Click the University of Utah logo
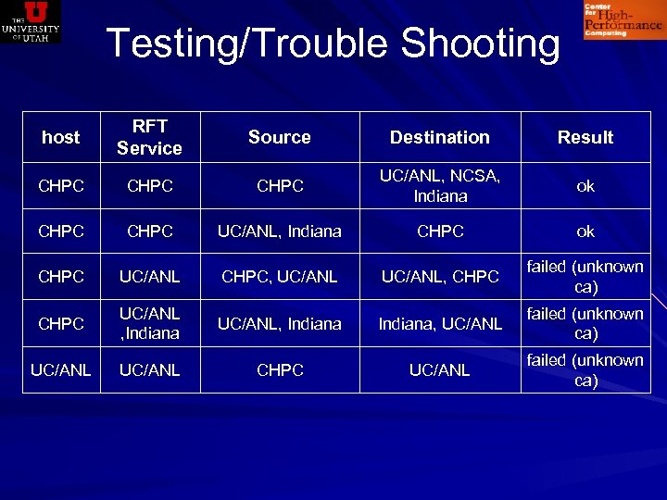pos(31,21)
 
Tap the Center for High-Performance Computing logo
pos(623,19)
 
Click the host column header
pos(61,137)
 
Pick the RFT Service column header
pos(149,137)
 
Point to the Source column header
pos(279,137)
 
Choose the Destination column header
pos(439,137)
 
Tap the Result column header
pos(585,137)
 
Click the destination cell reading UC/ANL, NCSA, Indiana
pos(439,185)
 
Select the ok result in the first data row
pos(585,186)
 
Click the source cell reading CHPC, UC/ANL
pos(280,276)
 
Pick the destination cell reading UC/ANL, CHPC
pos(439,276)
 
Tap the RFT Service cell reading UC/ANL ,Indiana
pos(149,323)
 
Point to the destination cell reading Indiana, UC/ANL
pos(439,323)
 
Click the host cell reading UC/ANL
pos(61,369)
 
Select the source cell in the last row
pos(280,369)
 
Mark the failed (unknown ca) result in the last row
pos(585,369)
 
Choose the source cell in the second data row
pos(280,231)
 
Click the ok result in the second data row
pos(585,231)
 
